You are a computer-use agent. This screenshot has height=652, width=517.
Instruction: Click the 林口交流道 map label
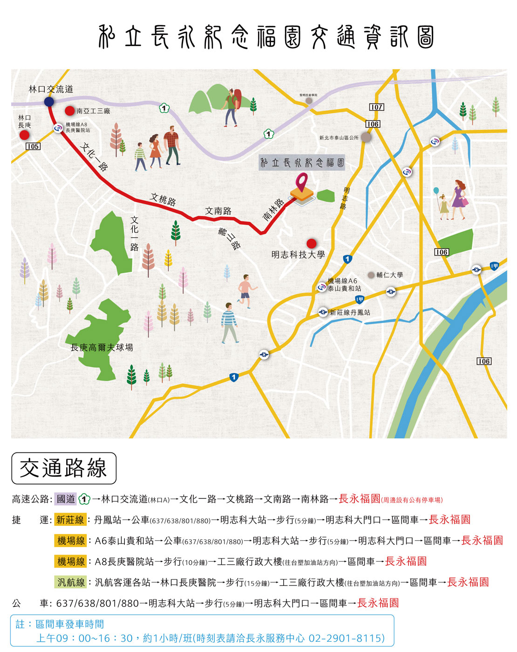(51, 89)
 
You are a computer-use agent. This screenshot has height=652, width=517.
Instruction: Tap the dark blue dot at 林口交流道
(49, 101)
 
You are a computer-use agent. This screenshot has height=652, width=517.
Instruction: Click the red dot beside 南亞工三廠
(69, 111)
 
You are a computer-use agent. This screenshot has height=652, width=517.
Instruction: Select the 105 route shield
(33, 146)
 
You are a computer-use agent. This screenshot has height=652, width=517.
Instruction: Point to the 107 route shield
(376, 107)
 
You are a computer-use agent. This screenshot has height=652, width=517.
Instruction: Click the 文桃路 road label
(163, 199)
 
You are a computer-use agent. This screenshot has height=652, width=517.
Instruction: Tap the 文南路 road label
(218, 211)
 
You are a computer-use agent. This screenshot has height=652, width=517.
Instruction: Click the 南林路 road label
(273, 209)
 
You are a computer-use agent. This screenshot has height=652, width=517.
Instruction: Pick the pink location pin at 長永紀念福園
(302, 182)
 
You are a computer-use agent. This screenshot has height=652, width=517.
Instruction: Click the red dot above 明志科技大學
(312, 243)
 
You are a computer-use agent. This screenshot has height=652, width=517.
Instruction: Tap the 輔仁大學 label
(389, 275)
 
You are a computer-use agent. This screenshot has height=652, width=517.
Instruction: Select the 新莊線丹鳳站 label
(350, 312)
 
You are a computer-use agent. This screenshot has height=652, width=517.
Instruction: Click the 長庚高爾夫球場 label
(102, 347)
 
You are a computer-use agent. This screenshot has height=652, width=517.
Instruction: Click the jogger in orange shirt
(245, 291)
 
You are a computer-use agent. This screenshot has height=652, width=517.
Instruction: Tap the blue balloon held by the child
(436, 190)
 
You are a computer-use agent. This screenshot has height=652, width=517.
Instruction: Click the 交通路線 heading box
(64, 468)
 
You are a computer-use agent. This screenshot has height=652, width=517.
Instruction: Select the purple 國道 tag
(65, 499)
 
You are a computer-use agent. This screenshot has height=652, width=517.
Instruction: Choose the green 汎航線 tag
(71, 582)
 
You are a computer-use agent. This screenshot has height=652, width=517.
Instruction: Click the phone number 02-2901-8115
(347, 638)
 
